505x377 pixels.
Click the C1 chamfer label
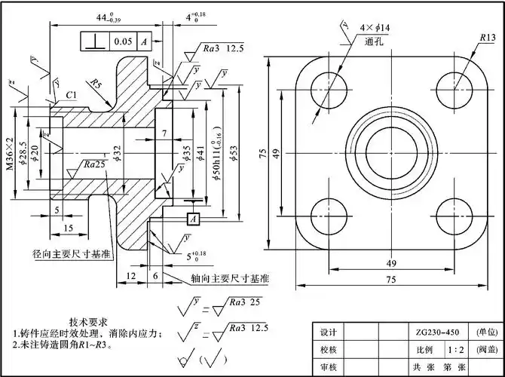[70, 96]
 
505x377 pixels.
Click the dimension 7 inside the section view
[164, 133]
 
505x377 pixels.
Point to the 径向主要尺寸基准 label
[69, 253]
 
